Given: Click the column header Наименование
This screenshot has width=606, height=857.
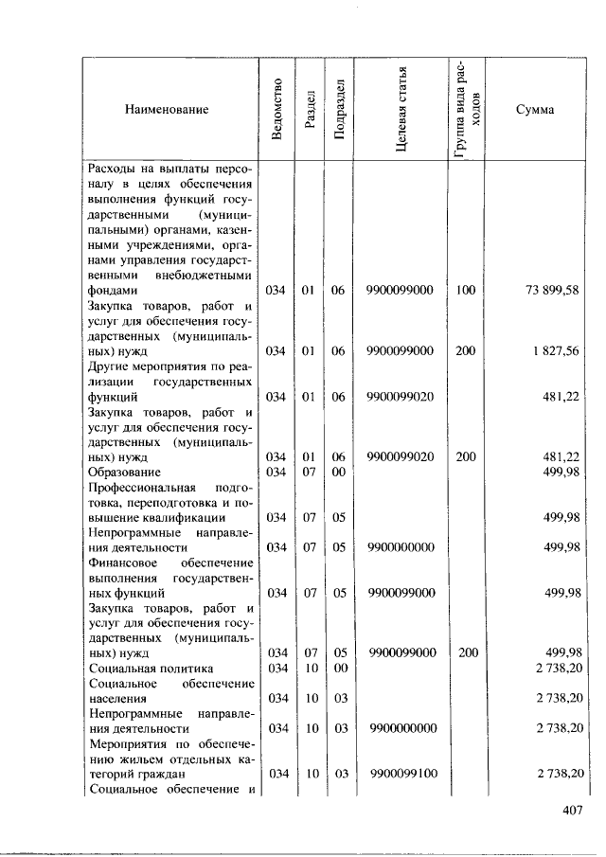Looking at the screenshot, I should tap(167, 110).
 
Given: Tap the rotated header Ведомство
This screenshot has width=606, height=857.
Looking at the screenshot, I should tap(276, 110).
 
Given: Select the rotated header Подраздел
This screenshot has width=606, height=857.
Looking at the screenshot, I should tap(337, 111).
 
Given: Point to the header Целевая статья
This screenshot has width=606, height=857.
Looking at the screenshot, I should tap(401, 110).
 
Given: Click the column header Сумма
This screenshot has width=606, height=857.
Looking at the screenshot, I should tap(535, 110).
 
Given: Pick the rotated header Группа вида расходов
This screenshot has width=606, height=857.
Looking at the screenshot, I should tap(466, 110).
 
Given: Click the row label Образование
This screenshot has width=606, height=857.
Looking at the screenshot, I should tap(124, 472).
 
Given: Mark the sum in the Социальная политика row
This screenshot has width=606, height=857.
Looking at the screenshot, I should tap(557, 668).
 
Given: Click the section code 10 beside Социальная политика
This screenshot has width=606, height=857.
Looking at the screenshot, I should tap(307, 668).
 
